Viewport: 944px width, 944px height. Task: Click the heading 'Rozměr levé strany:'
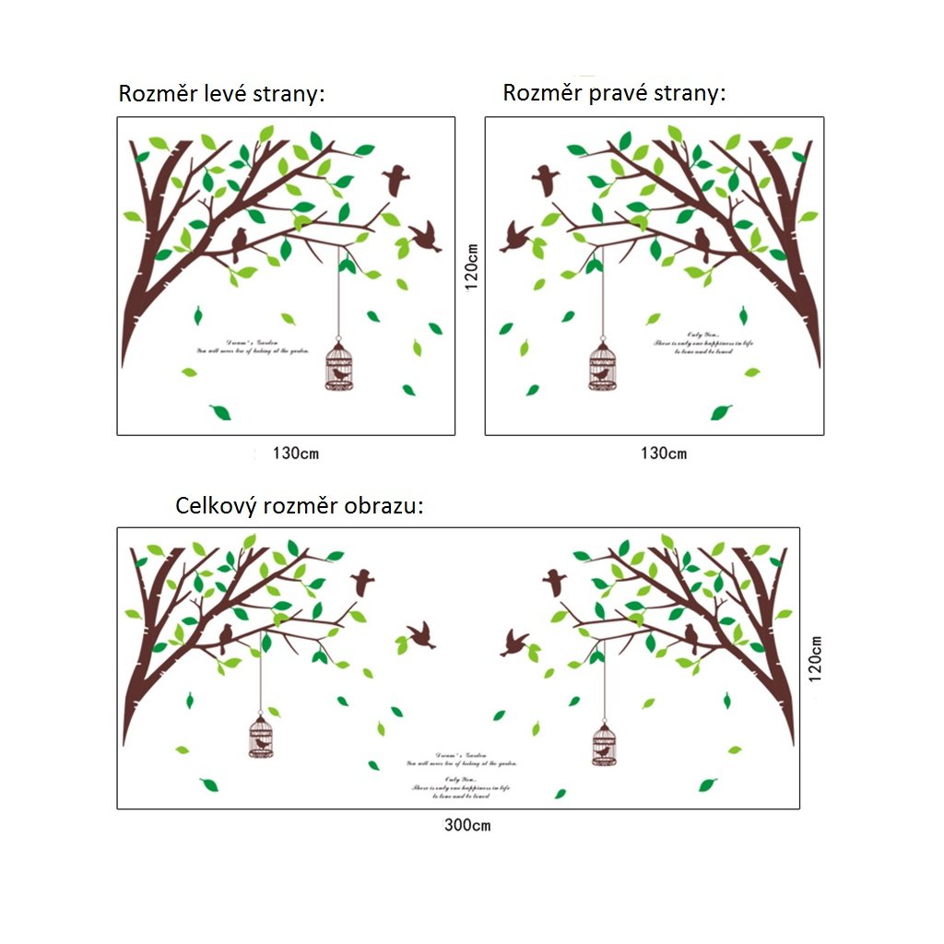pyautogui.click(x=221, y=95)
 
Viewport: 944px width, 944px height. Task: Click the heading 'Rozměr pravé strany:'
pyautogui.click(x=614, y=93)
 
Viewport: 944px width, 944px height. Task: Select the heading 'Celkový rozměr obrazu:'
pyautogui.click(x=300, y=506)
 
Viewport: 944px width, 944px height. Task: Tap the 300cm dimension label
pyautogui.click(x=467, y=825)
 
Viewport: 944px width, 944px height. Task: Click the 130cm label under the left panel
pyautogui.click(x=295, y=454)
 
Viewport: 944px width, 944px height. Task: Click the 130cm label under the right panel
pyautogui.click(x=664, y=454)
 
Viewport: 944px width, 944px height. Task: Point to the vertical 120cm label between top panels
pyautogui.click(x=471, y=266)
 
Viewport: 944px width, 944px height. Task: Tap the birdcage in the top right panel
pyautogui.click(x=601, y=365)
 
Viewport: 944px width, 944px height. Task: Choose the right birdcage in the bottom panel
pyautogui.click(x=604, y=744)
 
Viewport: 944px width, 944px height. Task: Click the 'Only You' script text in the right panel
pyautogui.click(x=703, y=343)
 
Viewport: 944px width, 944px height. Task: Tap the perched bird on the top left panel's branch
pyautogui.click(x=240, y=243)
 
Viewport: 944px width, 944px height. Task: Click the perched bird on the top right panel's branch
pyautogui.click(x=702, y=243)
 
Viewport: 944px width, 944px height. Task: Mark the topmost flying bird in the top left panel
pyautogui.click(x=397, y=179)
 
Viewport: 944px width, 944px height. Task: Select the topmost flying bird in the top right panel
pyautogui.click(x=545, y=179)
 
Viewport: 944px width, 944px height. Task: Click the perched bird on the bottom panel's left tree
pyautogui.click(x=226, y=637)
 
